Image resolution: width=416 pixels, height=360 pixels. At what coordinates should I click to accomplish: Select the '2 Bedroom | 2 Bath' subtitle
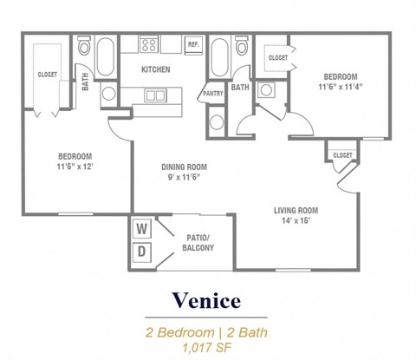pos(208,331)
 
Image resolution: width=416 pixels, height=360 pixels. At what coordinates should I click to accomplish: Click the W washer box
pos(142,230)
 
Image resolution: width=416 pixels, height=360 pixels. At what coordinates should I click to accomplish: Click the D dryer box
pos(142,251)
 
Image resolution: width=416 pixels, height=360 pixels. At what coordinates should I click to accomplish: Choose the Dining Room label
pos(183,168)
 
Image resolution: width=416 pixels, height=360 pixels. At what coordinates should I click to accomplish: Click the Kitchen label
pos(156,69)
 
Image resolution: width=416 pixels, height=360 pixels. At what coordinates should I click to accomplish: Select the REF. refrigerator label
pos(192,44)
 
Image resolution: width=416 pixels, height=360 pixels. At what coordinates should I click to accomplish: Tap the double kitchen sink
pos(156,95)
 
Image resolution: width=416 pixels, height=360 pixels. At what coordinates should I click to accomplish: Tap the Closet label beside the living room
pos(338,155)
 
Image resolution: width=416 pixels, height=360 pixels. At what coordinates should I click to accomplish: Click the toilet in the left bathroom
pos(84,45)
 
